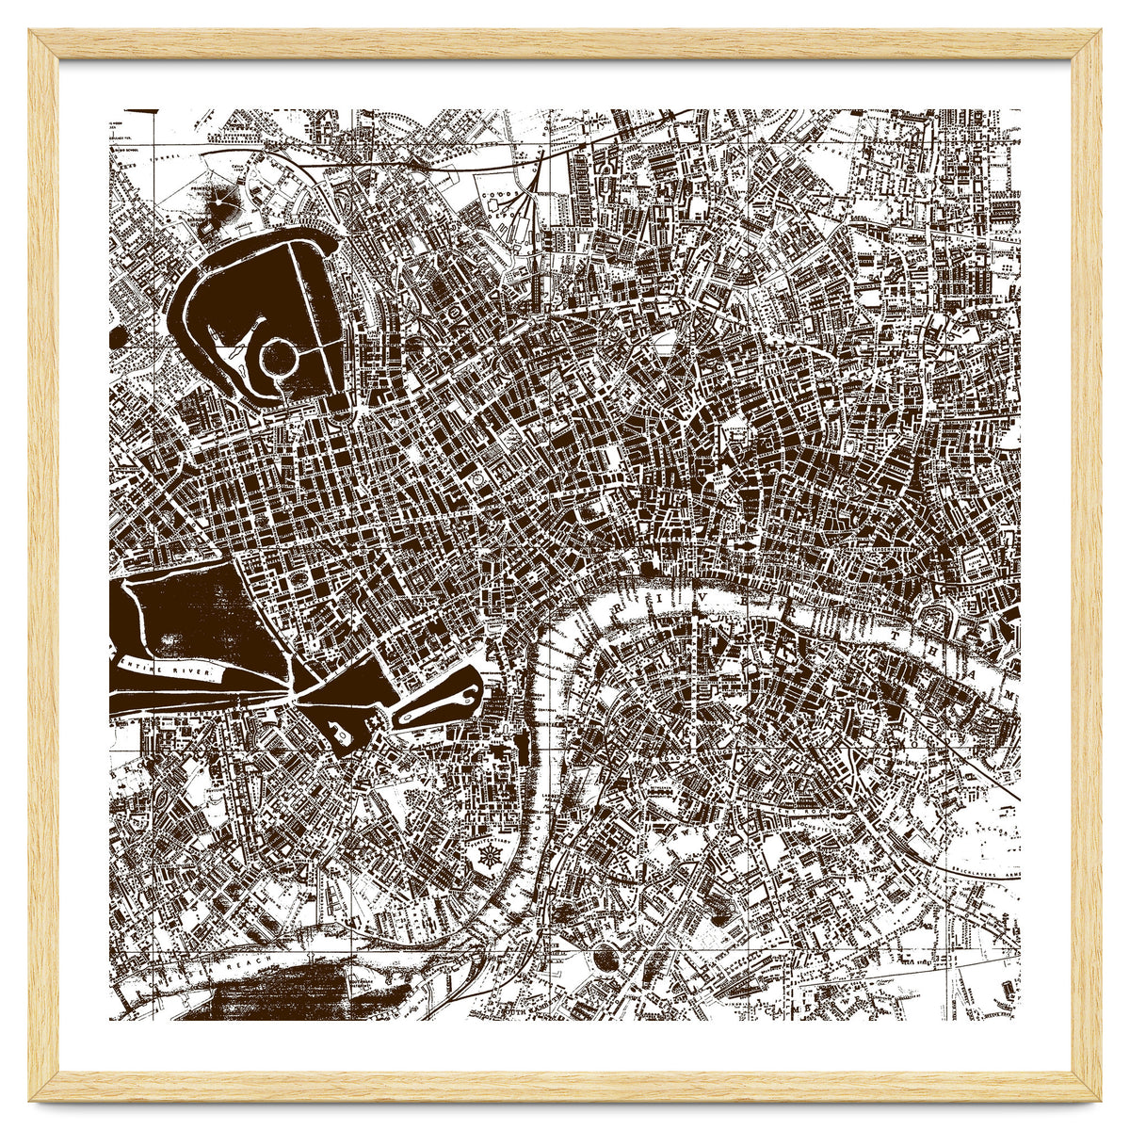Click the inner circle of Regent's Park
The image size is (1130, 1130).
[279, 358]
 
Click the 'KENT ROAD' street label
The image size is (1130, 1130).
[800, 807]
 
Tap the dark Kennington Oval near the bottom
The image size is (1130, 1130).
[603, 958]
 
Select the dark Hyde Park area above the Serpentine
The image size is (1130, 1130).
[202, 612]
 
